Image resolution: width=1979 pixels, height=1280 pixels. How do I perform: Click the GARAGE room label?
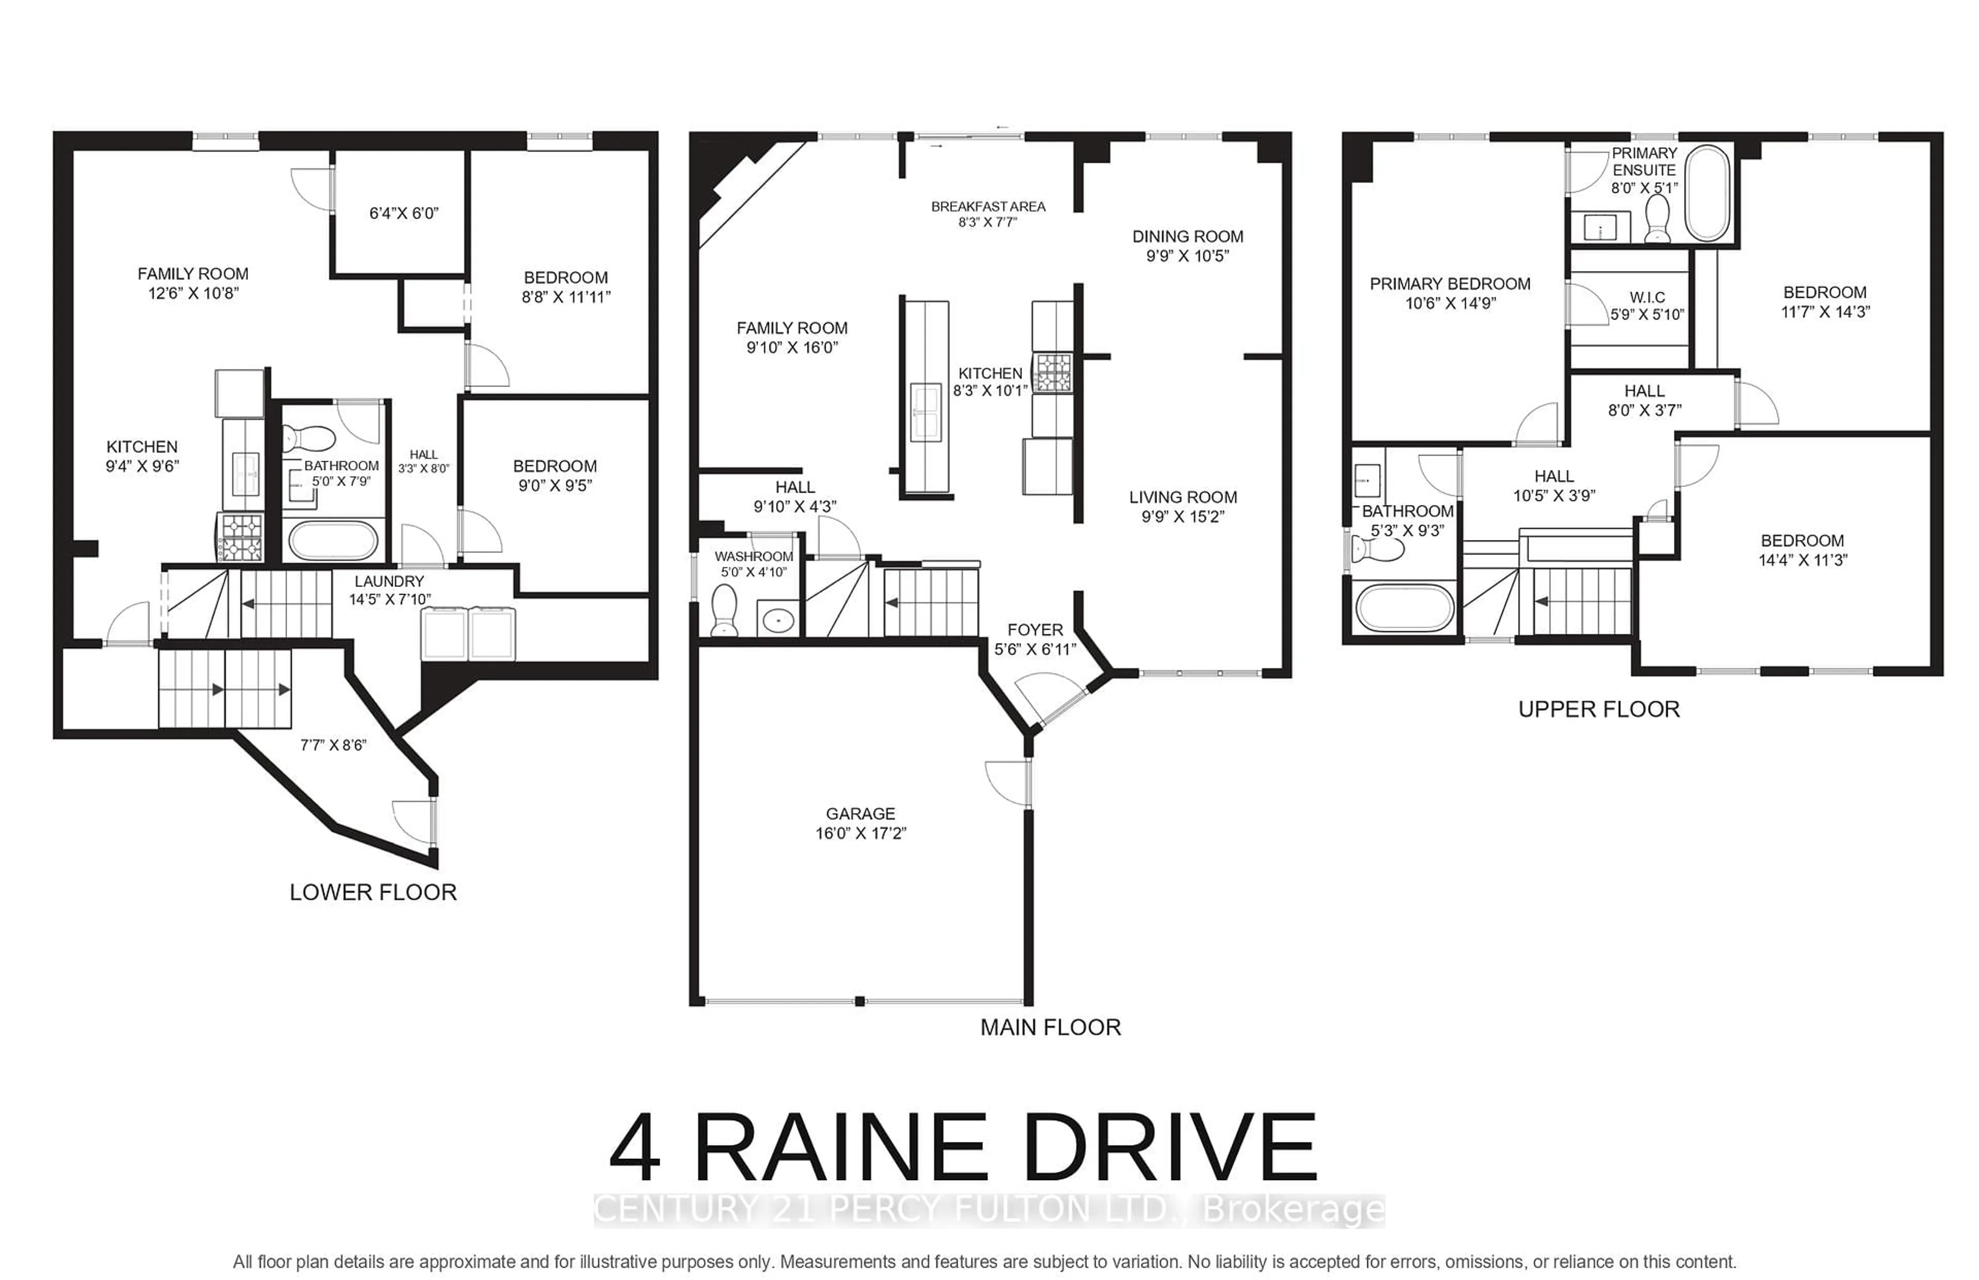pyautogui.click(x=860, y=814)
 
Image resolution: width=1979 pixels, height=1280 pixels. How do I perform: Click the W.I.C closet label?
pyautogui.click(x=1647, y=297)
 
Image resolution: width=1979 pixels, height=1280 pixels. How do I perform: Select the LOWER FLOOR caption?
pyautogui.click(x=373, y=892)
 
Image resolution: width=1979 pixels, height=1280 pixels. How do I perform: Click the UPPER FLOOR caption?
pyautogui.click(x=1598, y=709)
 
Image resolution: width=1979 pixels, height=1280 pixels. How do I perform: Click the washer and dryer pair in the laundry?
pyautogui.click(x=468, y=633)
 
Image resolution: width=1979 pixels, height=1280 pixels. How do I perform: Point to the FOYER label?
pyautogui.click(x=1035, y=630)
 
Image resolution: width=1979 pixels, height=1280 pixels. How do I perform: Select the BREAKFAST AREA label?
pyautogui.click(x=987, y=206)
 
